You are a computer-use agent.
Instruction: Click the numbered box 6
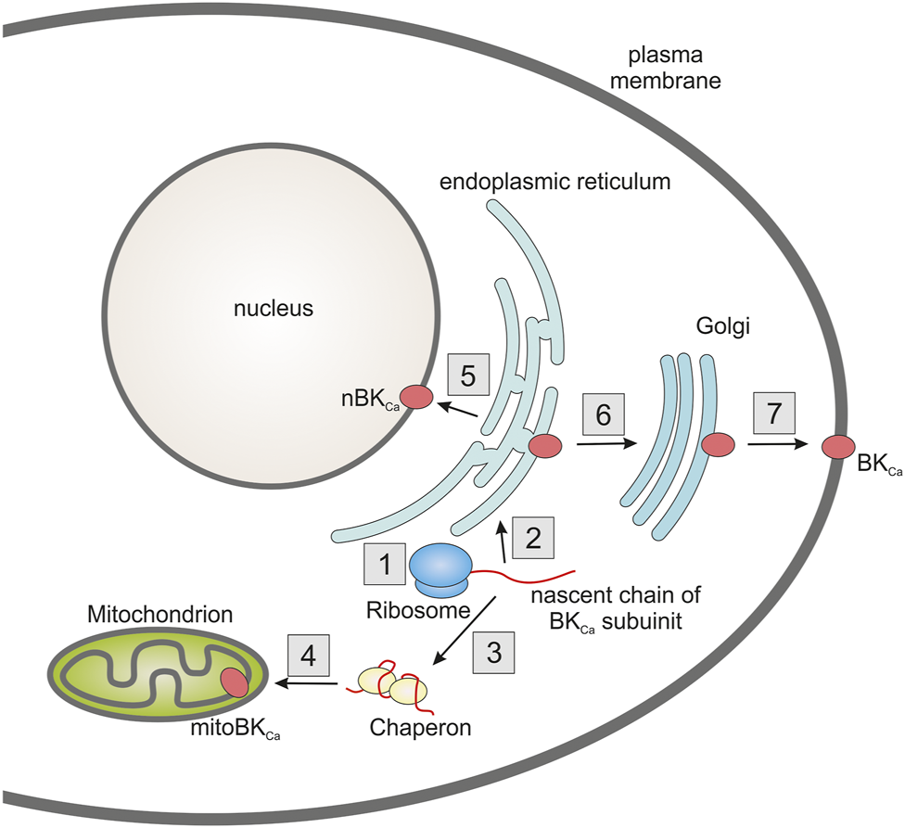click(603, 415)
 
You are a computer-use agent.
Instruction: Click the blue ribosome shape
click(440, 567)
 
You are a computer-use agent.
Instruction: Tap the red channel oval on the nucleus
click(416, 397)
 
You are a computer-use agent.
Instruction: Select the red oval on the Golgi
click(718, 446)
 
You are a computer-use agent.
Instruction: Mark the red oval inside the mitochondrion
click(235, 685)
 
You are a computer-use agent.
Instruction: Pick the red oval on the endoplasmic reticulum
click(545, 446)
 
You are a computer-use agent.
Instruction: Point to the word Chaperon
click(420, 727)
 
